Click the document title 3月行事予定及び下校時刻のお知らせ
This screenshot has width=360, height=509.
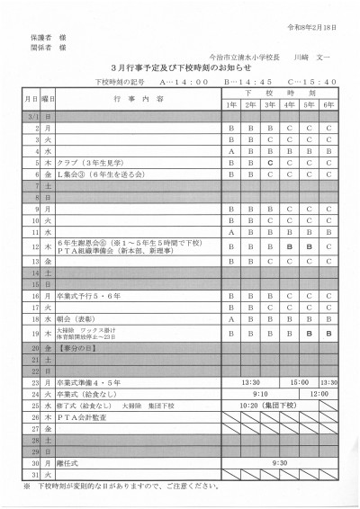click(180, 67)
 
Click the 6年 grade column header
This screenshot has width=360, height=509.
click(329, 105)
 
